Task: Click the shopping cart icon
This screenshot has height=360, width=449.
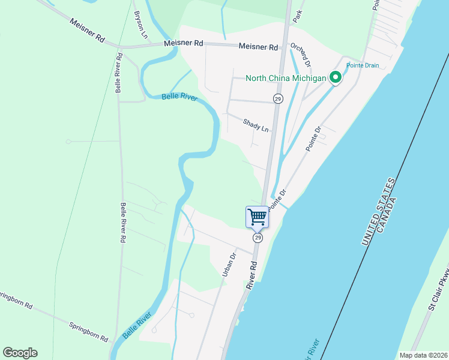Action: (257, 216)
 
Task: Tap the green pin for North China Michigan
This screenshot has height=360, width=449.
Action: (335, 77)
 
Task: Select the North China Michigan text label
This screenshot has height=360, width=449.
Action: (286, 78)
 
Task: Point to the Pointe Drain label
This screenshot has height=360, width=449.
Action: (363, 65)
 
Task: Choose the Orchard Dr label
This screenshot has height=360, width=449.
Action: (301, 55)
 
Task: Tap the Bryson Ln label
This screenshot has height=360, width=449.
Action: (140, 25)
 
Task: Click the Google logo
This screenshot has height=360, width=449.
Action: (20, 353)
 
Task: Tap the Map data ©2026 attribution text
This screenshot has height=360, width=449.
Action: (423, 355)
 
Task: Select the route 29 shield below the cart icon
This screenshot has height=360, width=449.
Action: (258, 238)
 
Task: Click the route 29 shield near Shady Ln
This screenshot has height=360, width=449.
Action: (277, 98)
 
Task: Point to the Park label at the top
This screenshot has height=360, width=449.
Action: (296, 16)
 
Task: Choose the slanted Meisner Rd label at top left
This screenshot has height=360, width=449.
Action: (87, 30)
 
